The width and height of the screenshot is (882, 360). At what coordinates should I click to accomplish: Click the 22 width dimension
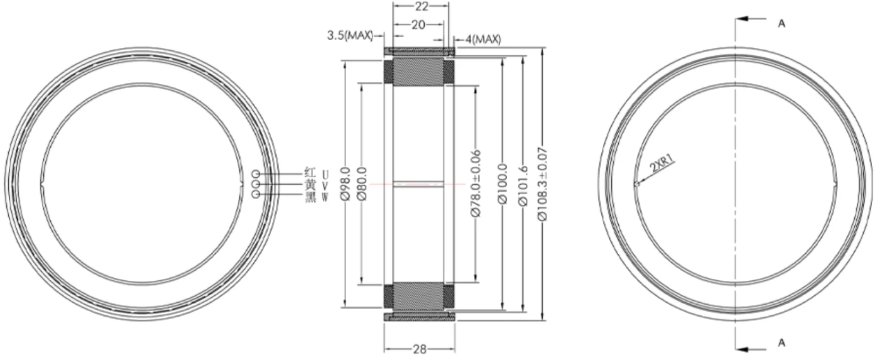(x=422, y=6)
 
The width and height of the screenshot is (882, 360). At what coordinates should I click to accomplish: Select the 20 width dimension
(x=418, y=25)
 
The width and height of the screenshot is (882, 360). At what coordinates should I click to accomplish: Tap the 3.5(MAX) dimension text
(x=350, y=35)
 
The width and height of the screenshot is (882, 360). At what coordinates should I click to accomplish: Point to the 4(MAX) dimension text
(x=483, y=40)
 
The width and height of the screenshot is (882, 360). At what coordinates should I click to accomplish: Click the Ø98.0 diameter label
(x=346, y=183)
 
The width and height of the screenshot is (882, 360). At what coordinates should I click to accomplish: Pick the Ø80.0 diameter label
(x=362, y=183)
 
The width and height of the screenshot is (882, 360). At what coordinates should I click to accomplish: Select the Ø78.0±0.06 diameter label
(x=476, y=183)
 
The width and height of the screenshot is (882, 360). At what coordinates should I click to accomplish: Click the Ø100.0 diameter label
(x=503, y=183)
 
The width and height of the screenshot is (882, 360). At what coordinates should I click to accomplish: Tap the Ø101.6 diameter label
(x=523, y=185)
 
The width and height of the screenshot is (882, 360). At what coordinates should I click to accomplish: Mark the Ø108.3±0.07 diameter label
(x=543, y=184)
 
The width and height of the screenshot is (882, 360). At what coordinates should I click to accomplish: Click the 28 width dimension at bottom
(x=420, y=349)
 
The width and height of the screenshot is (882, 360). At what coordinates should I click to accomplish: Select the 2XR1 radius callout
(x=662, y=163)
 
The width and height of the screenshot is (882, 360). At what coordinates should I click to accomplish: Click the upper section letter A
(x=781, y=24)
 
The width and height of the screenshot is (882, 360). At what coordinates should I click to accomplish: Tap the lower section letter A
(x=781, y=343)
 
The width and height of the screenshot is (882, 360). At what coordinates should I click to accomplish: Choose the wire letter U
(x=325, y=173)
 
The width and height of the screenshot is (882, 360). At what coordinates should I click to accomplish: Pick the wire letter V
(x=325, y=185)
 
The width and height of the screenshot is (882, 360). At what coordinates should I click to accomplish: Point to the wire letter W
(x=325, y=197)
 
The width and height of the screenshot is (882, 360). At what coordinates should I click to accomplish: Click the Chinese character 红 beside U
(x=310, y=173)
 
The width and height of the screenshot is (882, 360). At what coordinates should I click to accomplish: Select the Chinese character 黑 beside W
(x=310, y=197)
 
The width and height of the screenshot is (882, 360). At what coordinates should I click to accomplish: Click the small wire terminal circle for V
(x=256, y=184)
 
